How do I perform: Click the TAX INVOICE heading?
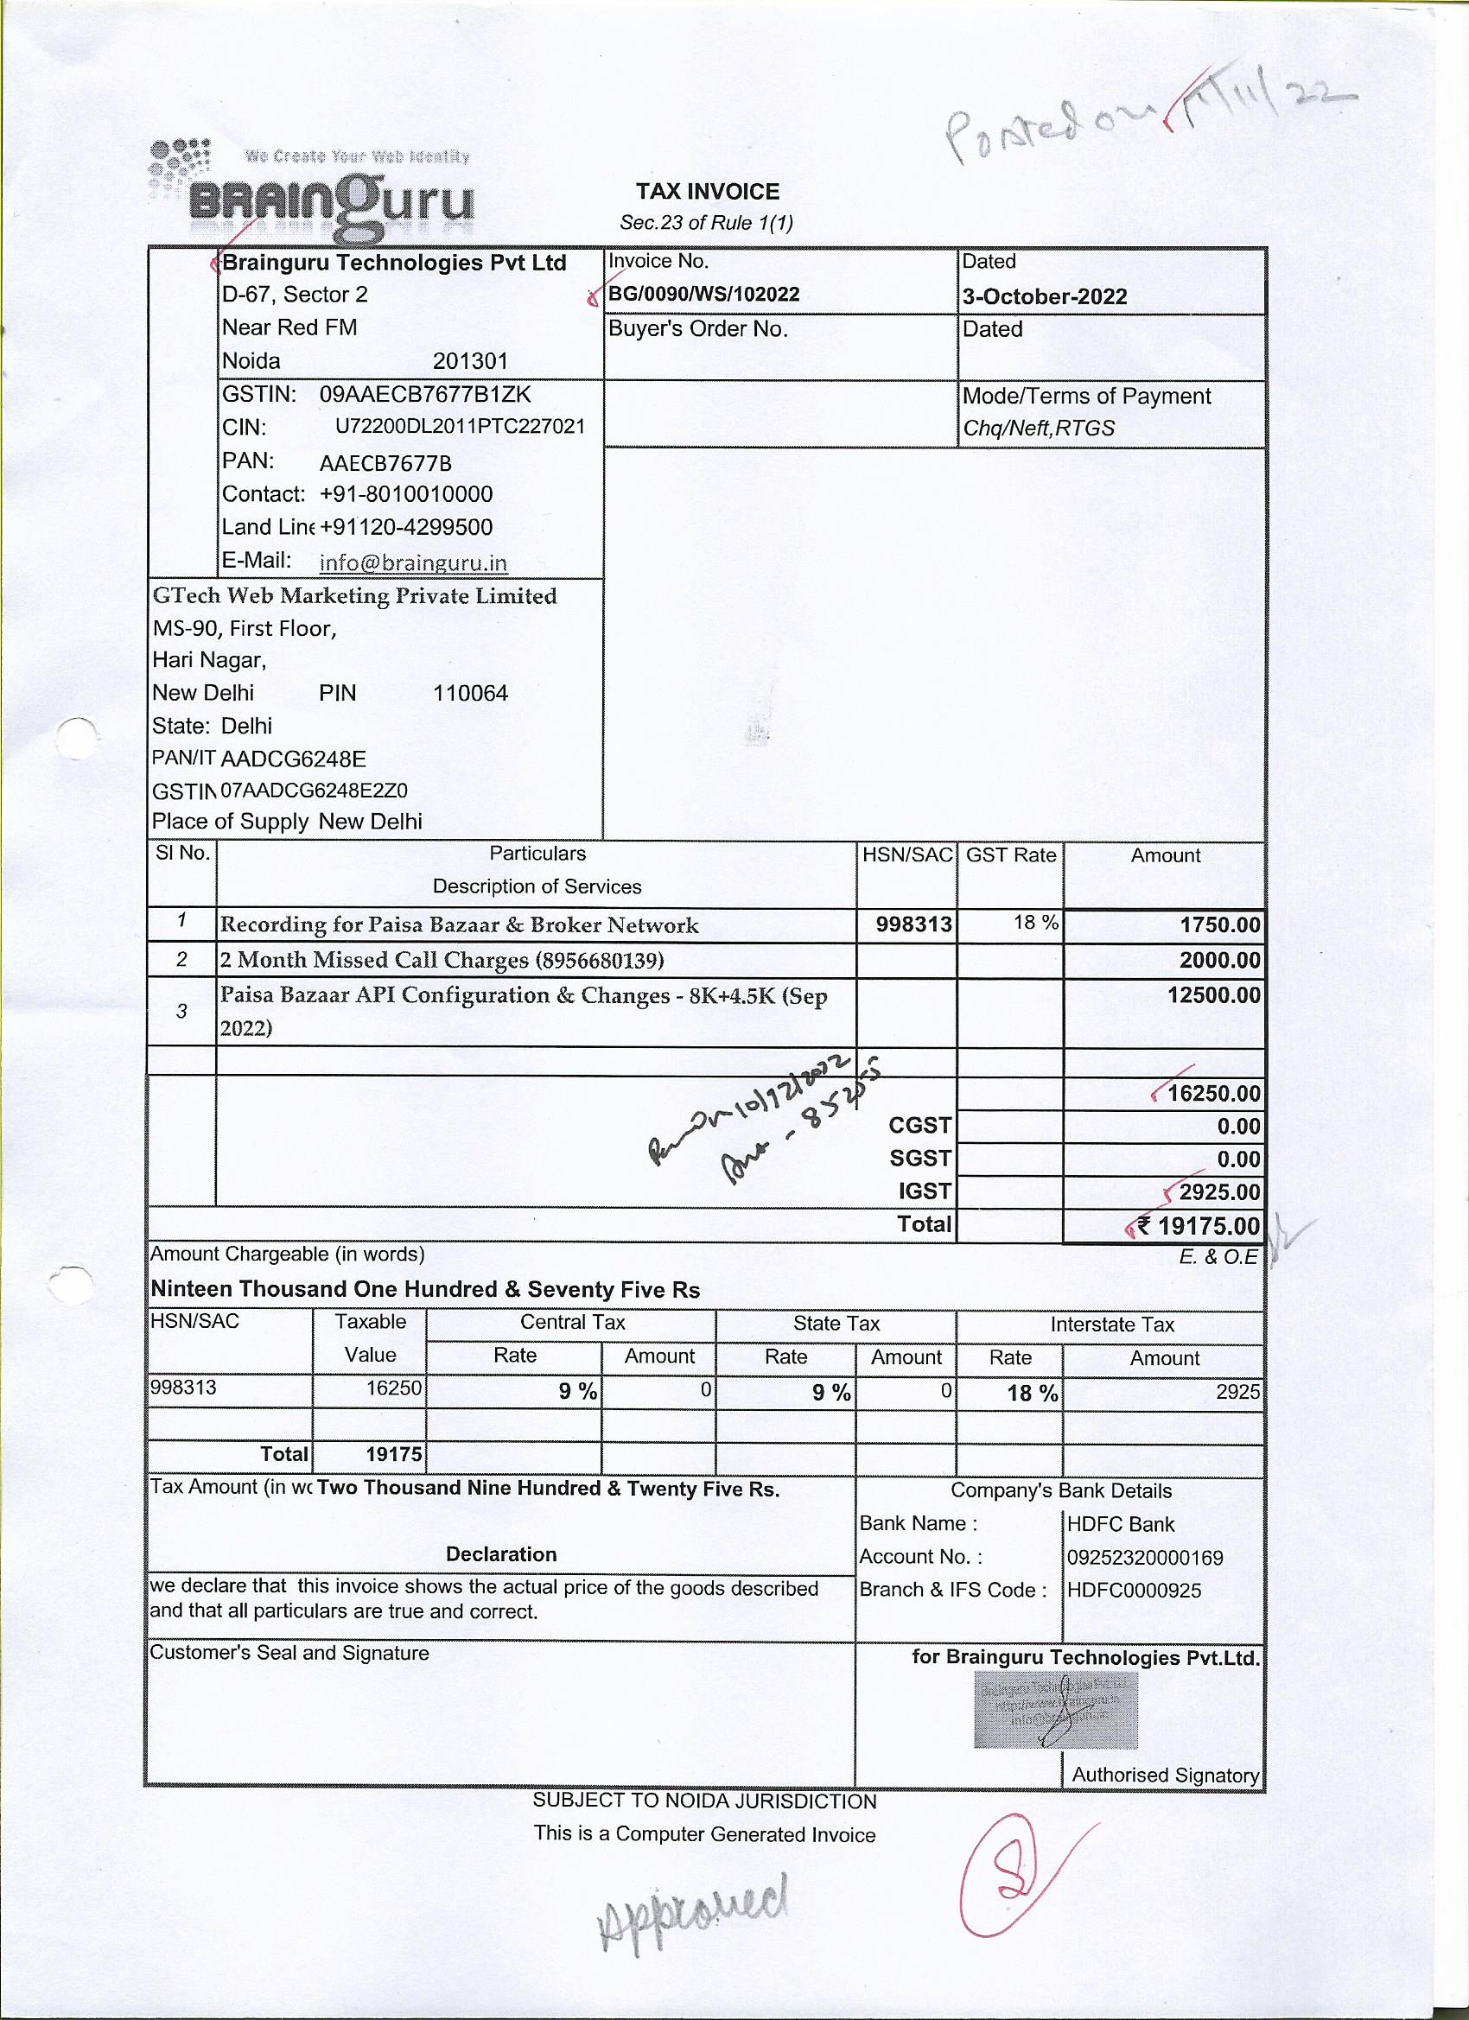pyautogui.click(x=708, y=192)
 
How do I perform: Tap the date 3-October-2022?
pyautogui.click(x=1044, y=296)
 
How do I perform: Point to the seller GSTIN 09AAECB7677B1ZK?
pyautogui.click(x=425, y=394)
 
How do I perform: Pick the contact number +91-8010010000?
pyautogui.click(x=405, y=494)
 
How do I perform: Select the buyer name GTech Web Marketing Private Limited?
pyautogui.click(x=354, y=596)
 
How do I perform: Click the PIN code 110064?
pyautogui.click(x=470, y=693)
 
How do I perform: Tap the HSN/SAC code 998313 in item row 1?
pyautogui.click(x=913, y=925)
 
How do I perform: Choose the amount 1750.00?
pyautogui.click(x=1219, y=925)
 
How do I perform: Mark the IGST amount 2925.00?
pyautogui.click(x=1218, y=1191)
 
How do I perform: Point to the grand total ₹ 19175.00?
pyautogui.click(x=1208, y=1227)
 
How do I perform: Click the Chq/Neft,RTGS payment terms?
pyautogui.click(x=1039, y=429)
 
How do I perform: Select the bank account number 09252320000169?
pyautogui.click(x=1145, y=1558)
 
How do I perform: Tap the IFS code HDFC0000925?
pyautogui.click(x=1133, y=1590)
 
